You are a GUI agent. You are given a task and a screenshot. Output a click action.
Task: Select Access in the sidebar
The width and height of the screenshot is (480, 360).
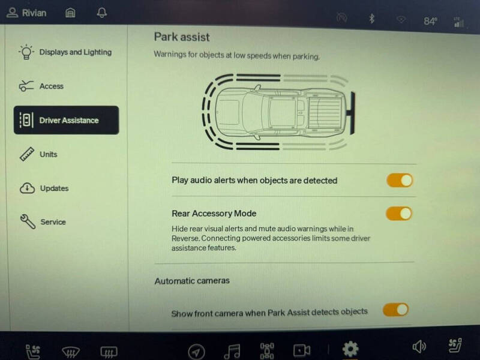(51, 86)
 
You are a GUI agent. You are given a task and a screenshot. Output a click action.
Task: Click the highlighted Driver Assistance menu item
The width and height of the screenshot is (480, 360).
(67, 120)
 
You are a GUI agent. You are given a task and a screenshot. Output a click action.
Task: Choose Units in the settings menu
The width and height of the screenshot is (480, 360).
(48, 154)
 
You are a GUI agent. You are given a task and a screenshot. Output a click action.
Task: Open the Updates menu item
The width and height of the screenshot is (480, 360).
(54, 188)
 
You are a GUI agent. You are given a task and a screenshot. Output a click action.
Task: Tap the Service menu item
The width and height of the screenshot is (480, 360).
(53, 222)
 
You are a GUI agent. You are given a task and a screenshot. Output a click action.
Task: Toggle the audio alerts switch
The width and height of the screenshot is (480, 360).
(400, 180)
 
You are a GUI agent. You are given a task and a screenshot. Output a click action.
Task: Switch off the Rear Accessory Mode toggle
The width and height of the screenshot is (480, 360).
(399, 213)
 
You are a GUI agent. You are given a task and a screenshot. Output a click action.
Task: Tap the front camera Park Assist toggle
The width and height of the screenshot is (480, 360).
(396, 310)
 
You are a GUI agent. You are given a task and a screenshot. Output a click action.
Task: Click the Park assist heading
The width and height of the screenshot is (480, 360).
(182, 37)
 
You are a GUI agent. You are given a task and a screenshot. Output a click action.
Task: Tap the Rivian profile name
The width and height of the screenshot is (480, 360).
(34, 13)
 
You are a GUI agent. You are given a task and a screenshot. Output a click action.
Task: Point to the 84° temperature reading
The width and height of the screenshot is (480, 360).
(430, 21)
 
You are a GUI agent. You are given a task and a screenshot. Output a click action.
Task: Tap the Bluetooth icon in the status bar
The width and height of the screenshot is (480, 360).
(371, 19)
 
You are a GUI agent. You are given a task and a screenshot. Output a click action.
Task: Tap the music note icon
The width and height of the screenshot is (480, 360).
(232, 350)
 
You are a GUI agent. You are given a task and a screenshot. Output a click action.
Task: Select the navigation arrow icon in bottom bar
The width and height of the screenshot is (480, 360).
(196, 351)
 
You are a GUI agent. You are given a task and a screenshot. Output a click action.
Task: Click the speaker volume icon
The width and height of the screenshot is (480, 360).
(419, 347)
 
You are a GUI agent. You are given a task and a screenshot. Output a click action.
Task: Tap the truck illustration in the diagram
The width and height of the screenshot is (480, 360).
(279, 112)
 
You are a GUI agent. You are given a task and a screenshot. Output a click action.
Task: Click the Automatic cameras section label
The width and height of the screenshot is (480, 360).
(192, 280)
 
